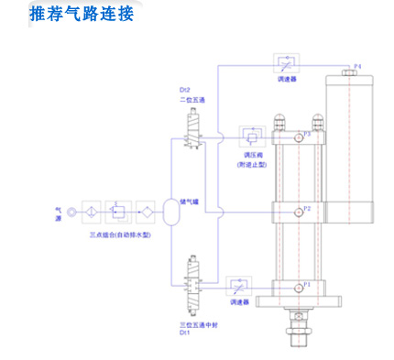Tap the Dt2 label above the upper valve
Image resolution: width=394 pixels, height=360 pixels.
point(184,91)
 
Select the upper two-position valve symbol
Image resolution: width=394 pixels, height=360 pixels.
point(193,127)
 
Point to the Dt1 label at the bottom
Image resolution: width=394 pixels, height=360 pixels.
point(185,333)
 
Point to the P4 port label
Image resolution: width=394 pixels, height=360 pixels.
point(358,66)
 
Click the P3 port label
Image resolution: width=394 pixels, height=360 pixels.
point(308,134)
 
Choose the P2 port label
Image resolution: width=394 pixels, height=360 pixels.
point(308,209)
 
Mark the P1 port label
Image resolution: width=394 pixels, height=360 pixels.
point(308,284)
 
